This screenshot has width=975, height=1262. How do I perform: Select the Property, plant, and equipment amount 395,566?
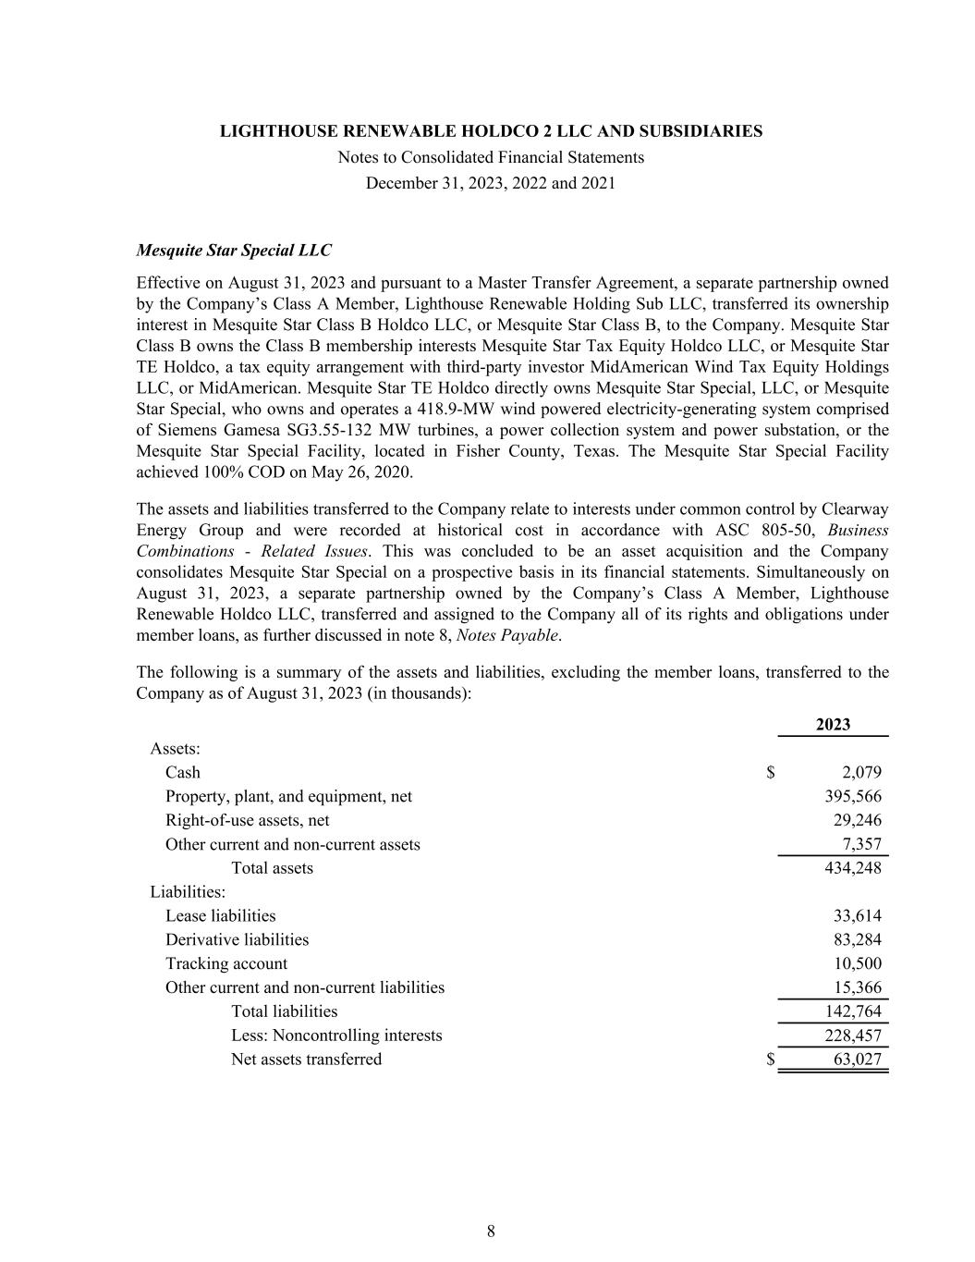tap(852, 797)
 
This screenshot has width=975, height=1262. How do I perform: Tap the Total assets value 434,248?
tap(852, 868)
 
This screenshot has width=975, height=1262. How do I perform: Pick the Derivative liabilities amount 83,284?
tap(857, 940)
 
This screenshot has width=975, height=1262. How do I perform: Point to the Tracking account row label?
tap(225, 964)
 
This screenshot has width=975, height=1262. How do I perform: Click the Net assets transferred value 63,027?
tap(857, 1060)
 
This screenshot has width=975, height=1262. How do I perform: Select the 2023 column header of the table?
tap(833, 725)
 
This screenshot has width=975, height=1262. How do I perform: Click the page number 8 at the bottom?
tap(491, 1231)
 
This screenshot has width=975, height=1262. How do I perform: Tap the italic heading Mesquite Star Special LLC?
tap(234, 251)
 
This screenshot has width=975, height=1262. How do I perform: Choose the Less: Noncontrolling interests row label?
tap(336, 1035)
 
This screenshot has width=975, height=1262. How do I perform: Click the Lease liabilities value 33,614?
tap(857, 916)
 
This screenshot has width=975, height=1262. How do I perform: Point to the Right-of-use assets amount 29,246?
tap(857, 821)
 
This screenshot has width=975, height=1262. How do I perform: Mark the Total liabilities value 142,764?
tap(852, 1011)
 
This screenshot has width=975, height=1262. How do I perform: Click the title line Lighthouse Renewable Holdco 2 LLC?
tap(491, 131)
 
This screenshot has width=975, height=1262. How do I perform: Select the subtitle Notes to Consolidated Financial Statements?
tap(491, 157)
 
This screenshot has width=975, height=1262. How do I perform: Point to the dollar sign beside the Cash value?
tap(770, 773)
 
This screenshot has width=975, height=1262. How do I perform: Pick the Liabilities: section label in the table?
tap(188, 892)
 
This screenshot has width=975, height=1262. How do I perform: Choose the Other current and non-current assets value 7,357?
tap(861, 845)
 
